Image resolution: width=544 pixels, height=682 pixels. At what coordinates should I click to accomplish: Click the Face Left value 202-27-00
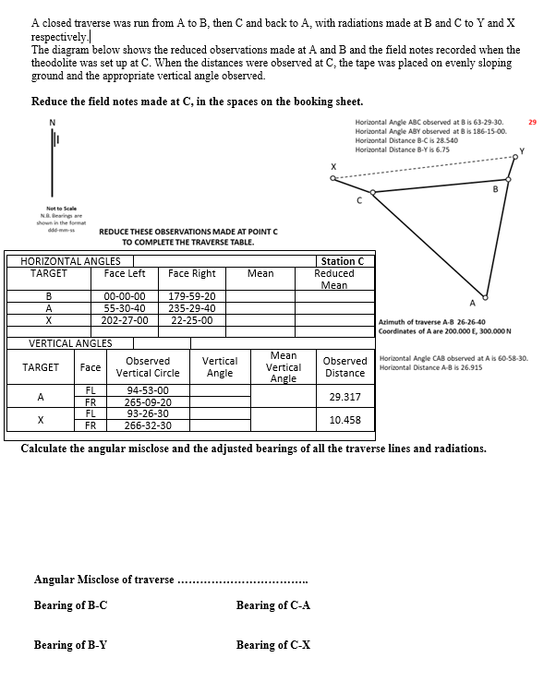(x=125, y=320)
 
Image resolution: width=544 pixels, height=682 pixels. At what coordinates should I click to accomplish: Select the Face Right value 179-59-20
(x=192, y=296)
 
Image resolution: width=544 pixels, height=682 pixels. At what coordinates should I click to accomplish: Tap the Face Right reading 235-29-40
(x=192, y=308)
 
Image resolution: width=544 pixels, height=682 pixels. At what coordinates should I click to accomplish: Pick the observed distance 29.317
(x=345, y=397)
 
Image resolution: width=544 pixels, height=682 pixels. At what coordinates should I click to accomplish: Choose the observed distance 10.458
(x=345, y=420)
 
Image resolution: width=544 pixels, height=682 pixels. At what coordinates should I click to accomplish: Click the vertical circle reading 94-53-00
(x=147, y=390)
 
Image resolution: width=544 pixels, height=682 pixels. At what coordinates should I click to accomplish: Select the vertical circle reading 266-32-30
(x=147, y=425)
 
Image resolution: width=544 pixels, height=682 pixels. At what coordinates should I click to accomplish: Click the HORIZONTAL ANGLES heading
(x=69, y=261)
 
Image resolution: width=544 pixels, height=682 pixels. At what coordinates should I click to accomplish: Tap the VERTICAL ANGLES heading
(x=70, y=343)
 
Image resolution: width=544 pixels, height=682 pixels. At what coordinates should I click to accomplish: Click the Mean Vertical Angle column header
(x=283, y=366)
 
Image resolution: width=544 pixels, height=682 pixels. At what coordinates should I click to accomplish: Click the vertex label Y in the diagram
(x=521, y=150)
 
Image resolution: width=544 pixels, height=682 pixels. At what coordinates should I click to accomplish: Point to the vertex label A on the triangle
(x=473, y=302)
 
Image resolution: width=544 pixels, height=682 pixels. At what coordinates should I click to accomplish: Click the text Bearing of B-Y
(x=70, y=645)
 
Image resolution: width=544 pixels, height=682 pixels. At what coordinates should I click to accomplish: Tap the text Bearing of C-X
(x=273, y=645)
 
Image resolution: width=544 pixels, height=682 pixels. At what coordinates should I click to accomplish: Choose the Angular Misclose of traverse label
(x=103, y=580)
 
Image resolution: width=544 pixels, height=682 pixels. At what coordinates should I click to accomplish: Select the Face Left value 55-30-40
(x=125, y=308)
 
